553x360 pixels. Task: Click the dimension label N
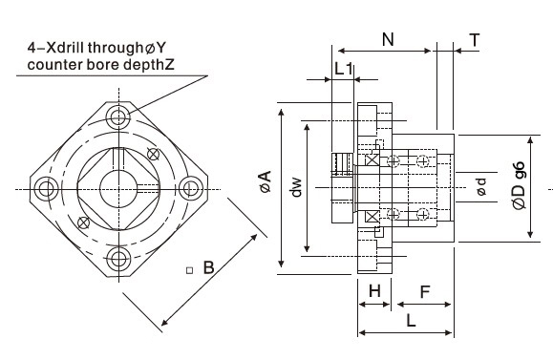click(x=388, y=39)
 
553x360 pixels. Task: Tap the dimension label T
click(x=475, y=39)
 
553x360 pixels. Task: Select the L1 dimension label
click(x=343, y=69)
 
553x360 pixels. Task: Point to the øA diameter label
click(x=266, y=181)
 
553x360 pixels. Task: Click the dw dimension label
click(x=297, y=187)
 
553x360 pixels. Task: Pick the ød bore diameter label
click(x=481, y=186)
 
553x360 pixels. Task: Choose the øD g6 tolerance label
click(x=519, y=186)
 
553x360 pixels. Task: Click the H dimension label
click(x=374, y=291)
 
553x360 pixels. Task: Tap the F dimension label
click(x=425, y=292)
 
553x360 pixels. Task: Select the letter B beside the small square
click(x=209, y=267)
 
